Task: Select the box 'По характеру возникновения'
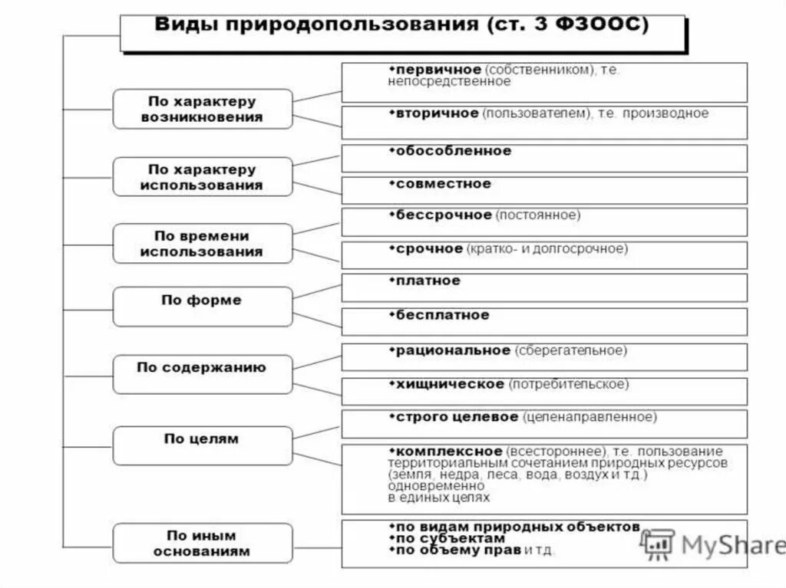point(203,109)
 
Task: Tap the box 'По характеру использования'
point(203,176)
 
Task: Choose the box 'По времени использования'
point(203,243)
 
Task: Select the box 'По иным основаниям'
point(203,543)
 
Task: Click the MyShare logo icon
point(656,545)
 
